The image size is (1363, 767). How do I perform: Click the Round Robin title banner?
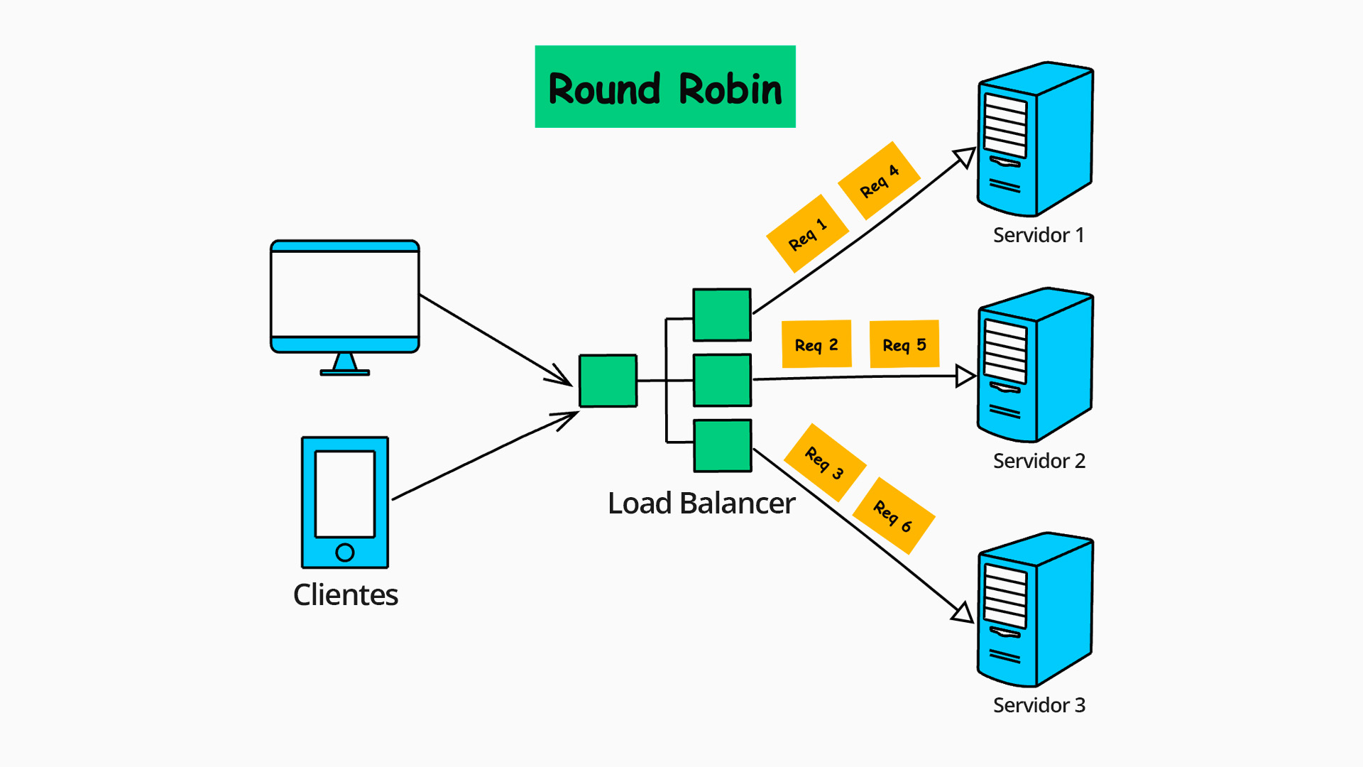665,87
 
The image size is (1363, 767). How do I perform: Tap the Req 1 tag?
808,234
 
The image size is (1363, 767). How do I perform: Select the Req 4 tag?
880,180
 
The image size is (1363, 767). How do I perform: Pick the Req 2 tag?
816,344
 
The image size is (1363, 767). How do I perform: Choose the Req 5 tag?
904,344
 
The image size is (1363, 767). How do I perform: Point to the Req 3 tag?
825,463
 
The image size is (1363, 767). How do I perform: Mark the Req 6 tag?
893,516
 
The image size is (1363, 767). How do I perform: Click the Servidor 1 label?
1039,235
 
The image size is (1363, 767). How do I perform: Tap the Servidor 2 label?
1039,461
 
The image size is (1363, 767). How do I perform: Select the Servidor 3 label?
1039,705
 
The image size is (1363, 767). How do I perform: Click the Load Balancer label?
701,503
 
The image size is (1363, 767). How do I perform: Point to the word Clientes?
346,594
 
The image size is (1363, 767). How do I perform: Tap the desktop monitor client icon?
345,298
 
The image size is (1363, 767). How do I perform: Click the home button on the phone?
345,552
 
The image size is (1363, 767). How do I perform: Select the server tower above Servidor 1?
1035,139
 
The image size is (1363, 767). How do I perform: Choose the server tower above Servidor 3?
1035,609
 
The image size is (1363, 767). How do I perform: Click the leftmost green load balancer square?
608,381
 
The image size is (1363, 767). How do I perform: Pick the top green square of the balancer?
722,315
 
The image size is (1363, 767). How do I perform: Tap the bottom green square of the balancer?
722,446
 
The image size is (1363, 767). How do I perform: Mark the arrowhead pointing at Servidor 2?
965,376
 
